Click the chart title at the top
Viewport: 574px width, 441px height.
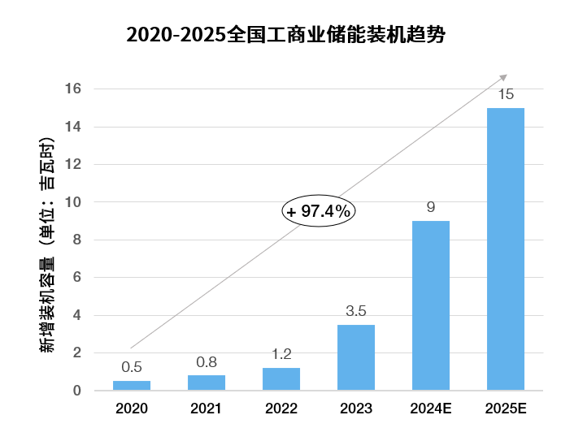click(x=286, y=37)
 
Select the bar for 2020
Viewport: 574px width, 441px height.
click(x=132, y=386)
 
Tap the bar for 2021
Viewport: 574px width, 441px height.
click(x=207, y=383)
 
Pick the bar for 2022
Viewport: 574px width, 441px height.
click(x=281, y=379)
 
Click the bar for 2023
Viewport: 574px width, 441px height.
click(x=356, y=357)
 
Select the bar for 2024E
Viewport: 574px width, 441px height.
click(x=431, y=305)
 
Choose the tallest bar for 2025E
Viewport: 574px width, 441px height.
click(x=506, y=249)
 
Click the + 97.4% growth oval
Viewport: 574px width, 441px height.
click(x=320, y=211)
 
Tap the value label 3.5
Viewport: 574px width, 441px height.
click(x=356, y=311)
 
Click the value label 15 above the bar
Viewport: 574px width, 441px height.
click(x=506, y=94)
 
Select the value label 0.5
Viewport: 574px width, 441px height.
click(x=132, y=367)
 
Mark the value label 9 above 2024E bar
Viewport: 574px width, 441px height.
click(x=431, y=207)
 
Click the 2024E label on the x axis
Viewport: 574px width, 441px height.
click(x=431, y=409)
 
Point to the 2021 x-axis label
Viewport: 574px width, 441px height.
click(x=207, y=409)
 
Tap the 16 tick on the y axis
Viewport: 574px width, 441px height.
click(x=73, y=89)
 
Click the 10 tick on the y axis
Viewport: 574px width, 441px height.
click(x=73, y=202)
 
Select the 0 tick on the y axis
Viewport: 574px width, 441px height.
click(x=76, y=391)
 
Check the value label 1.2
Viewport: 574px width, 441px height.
click(x=281, y=354)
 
